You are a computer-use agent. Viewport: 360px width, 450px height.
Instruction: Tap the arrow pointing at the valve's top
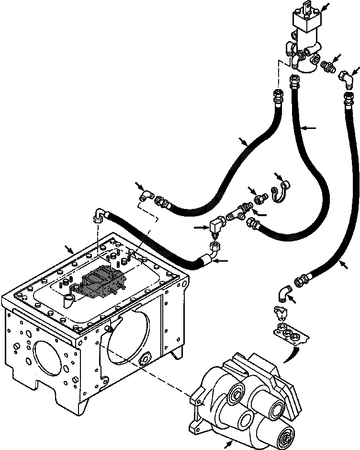point(325,7)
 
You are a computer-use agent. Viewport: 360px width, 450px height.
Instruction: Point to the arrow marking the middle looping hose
point(310,128)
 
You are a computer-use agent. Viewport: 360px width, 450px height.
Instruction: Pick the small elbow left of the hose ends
point(145,196)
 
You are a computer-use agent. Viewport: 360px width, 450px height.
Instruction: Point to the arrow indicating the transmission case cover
point(70,249)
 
